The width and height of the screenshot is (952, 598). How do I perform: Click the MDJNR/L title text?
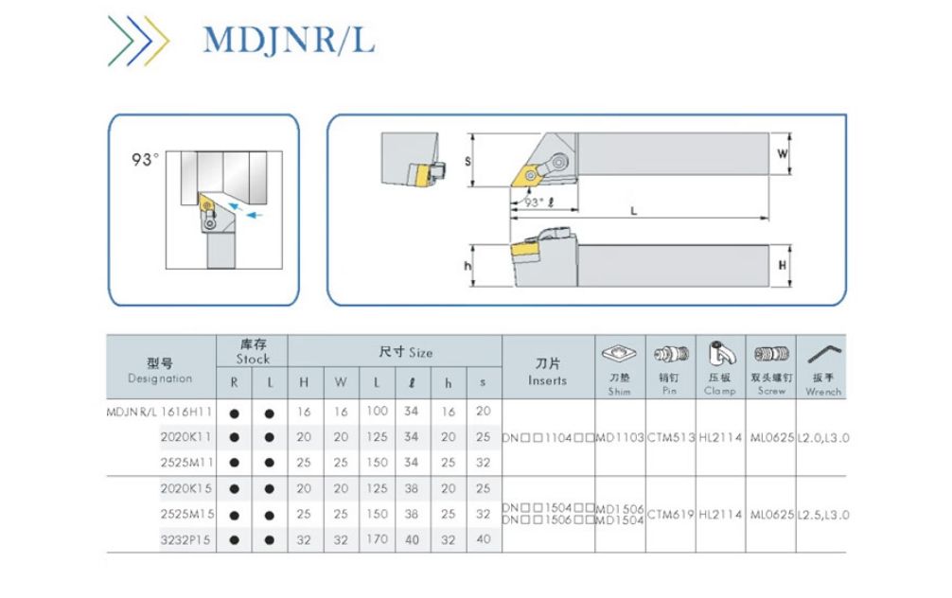(x=289, y=41)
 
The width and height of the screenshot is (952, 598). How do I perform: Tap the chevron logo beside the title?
(x=138, y=41)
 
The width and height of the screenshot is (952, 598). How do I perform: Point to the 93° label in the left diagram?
(x=146, y=160)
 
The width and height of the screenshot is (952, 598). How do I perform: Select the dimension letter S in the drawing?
(x=467, y=161)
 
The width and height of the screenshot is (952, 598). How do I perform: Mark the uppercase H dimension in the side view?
(x=782, y=266)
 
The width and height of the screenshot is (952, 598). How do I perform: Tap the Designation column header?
(x=159, y=371)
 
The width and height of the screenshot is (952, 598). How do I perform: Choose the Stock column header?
(x=252, y=352)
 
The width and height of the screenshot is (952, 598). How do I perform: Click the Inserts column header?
(x=547, y=372)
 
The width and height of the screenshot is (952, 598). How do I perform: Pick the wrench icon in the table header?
(x=822, y=357)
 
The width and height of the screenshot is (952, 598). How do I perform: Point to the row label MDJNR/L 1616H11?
(x=159, y=412)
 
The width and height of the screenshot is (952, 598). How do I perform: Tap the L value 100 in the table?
(x=378, y=412)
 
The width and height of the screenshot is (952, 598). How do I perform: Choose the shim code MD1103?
(x=620, y=438)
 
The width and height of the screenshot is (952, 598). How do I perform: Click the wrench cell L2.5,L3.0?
(x=822, y=515)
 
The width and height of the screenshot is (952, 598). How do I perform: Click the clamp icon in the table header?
(x=719, y=356)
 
